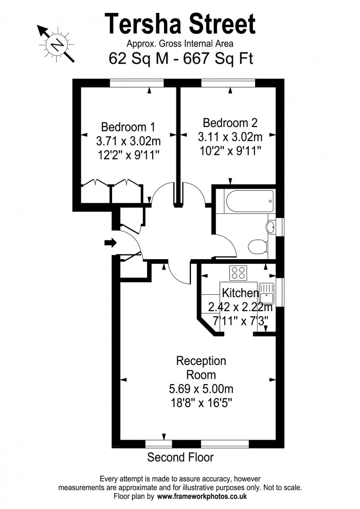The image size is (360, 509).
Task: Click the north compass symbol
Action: [x=56, y=45]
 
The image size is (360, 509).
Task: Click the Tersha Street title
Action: [x=180, y=24]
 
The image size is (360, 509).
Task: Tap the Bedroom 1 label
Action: [x=128, y=126]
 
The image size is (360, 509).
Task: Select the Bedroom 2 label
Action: [x=230, y=123]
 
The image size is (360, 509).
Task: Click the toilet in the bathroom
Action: [x=257, y=247]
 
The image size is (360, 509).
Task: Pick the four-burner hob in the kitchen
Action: [x=238, y=272]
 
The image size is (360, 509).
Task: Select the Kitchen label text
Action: [x=240, y=293]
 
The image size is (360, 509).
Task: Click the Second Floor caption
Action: [x=180, y=457]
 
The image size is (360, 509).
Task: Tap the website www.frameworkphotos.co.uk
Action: [x=202, y=497]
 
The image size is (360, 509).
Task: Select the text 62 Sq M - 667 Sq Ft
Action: [x=181, y=58]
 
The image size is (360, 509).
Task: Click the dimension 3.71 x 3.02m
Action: [x=128, y=140]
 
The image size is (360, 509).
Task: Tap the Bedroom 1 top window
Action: [x=137, y=82]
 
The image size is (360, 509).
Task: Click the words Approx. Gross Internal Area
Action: [x=180, y=44]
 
